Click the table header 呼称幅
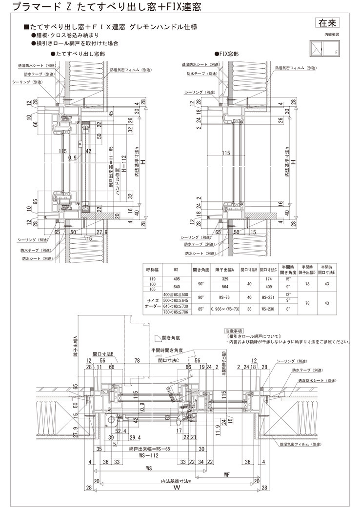[153, 269]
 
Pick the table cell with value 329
[225, 278]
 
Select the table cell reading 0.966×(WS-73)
[225, 309]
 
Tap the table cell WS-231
[269, 296]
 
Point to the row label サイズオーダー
[153, 302]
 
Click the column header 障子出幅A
[225, 269]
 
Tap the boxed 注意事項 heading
[236, 331]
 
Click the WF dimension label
[227, 473]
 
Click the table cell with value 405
[176, 278]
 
